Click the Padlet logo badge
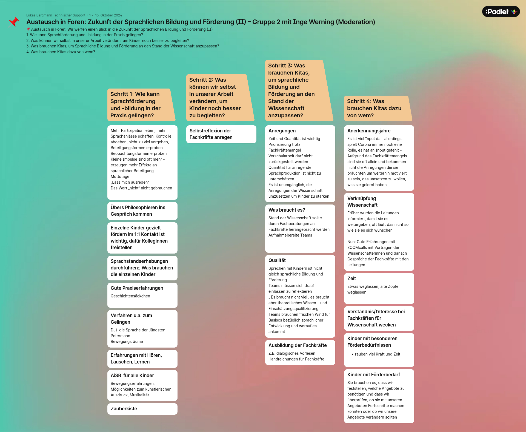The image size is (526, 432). pyautogui.click(x=501, y=12)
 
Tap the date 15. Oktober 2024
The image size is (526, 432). pyautogui.click(x=108, y=15)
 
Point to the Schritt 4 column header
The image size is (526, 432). pyautogui.click(x=376, y=108)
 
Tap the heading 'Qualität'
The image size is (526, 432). pyautogui.click(x=277, y=260)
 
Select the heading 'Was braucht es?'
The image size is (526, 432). pyautogui.click(x=287, y=210)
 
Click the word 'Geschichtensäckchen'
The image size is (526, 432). pyautogui.click(x=130, y=296)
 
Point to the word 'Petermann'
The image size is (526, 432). pyautogui.click(x=120, y=336)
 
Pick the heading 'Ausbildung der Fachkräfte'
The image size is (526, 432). pyautogui.click(x=298, y=345)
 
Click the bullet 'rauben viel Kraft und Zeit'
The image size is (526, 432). pyautogui.click(x=378, y=354)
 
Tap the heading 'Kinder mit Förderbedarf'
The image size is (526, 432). pyautogui.click(x=373, y=375)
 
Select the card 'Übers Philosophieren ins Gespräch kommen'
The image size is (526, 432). pyautogui.click(x=138, y=211)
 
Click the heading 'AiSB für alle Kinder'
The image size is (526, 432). pyautogui.click(x=132, y=376)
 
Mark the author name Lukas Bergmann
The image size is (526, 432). pyautogui.click(x=42, y=15)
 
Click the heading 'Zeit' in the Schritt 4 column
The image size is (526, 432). pyautogui.click(x=351, y=278)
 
